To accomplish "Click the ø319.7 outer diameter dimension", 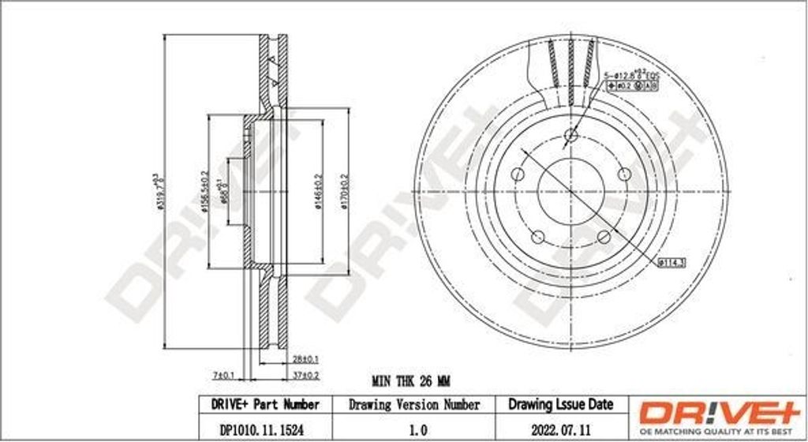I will [156, 193].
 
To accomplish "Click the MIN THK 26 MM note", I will [410, 381].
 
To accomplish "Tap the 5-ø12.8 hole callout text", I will [623, 74].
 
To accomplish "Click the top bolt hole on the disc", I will [570, 136].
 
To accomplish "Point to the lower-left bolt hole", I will [537, 236].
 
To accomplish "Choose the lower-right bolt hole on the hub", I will [604, 236].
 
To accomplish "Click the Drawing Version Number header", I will [414, 404].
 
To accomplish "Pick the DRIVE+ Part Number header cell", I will [265, 404].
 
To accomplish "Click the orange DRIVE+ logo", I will [717, 413].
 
